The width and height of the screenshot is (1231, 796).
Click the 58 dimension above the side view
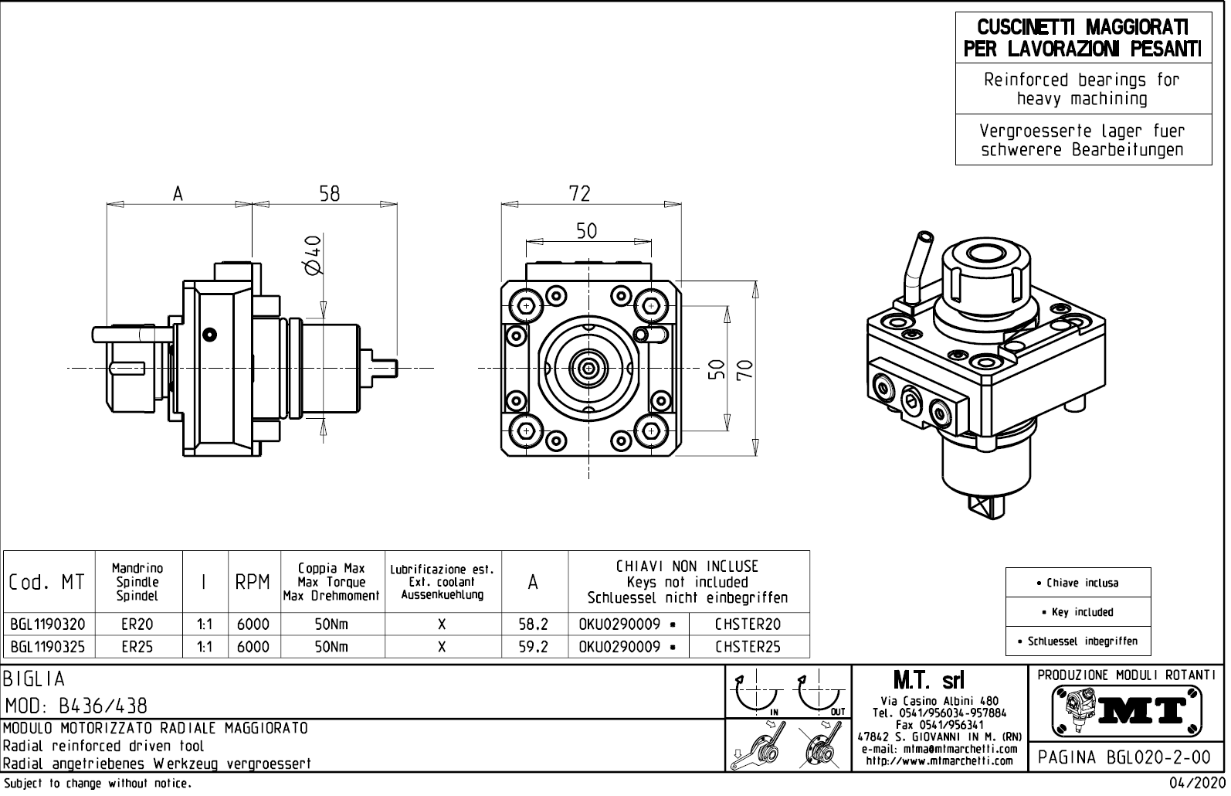pos(330,193)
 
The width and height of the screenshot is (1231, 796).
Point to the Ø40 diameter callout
pos(313,255)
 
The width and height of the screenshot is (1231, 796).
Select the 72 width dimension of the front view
pos(579,193)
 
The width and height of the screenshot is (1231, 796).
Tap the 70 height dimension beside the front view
pos(744,369)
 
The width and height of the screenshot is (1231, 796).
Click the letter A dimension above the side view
pos(178,193)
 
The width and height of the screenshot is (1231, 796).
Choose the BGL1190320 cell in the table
pos(48,624)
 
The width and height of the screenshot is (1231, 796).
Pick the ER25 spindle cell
pos(137,647)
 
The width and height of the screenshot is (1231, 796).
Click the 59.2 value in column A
pos(533,647)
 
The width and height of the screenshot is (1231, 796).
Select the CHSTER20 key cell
pos(748,624)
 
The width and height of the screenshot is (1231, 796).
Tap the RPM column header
pos(253,583)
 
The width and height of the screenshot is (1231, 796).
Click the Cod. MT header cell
pos(47,583)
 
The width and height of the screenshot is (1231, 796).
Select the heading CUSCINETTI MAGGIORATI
pos(1083,28)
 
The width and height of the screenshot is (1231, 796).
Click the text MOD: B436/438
pos(76,706)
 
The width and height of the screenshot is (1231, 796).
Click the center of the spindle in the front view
pos(589,369)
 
